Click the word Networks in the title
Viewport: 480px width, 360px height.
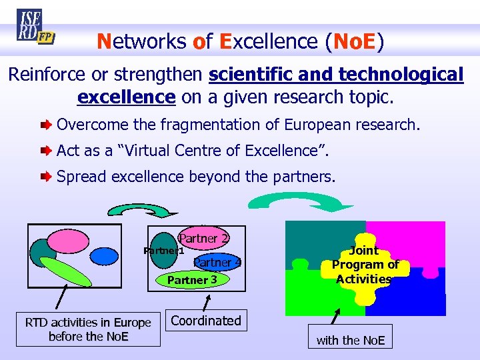141,41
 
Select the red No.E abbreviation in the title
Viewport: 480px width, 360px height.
353,41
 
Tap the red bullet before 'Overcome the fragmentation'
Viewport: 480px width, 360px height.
46,125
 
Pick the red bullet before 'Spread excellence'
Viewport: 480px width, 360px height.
46,177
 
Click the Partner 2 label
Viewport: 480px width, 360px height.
203,238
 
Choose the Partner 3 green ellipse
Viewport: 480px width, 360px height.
192,280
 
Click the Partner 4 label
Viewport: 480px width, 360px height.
217,262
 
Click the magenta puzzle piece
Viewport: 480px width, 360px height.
407,240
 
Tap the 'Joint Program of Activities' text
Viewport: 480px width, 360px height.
365,265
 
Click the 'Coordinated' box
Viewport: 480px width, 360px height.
206,321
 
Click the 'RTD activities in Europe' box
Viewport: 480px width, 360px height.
88,329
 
